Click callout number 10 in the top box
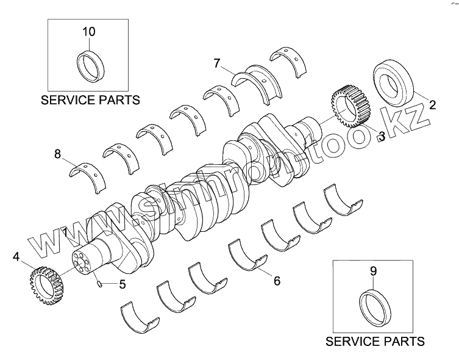[89, 31]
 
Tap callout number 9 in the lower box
[374, 270]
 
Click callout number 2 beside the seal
[432, 104]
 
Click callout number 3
[380, 135]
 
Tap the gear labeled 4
[42, 283]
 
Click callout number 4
[16, 257]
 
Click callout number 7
[217, 62]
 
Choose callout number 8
[58, 155]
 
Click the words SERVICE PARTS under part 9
[375, 341]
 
